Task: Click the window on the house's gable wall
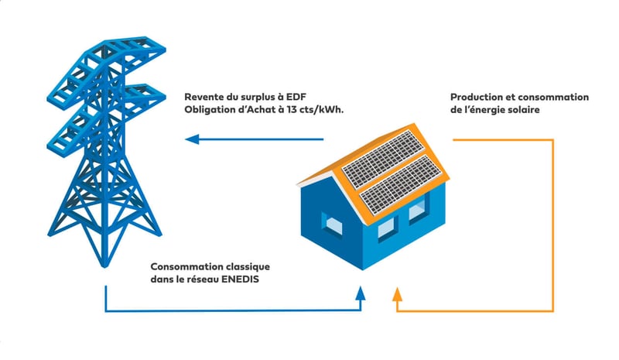333,225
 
